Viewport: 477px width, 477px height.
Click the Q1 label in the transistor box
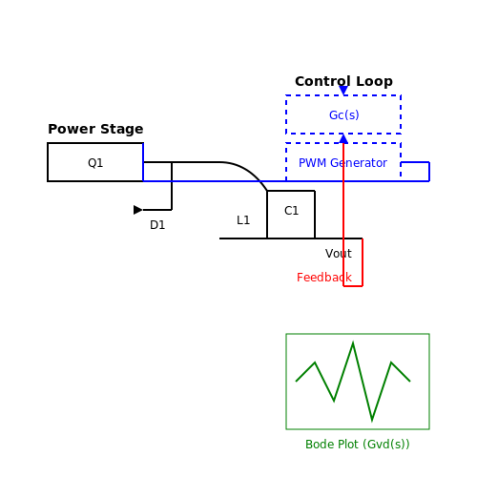[x=95, y=163]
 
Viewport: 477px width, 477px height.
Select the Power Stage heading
[x=95, y=129]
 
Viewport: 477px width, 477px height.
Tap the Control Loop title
[x=343, y=81]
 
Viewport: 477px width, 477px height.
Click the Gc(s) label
[x=344, y=115]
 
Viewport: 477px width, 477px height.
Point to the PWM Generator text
[x=342, y=163]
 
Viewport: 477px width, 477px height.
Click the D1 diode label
[x=157, y=225]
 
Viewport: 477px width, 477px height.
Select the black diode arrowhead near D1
[x=138, y=210]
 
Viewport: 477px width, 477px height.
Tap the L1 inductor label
[x=243, y=220]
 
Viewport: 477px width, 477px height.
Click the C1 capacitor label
[x=291, y=211]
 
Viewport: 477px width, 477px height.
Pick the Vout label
[x=339, y=254]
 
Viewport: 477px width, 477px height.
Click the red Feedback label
[x=324, y=278]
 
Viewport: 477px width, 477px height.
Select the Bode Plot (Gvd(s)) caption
[x=358, y=445]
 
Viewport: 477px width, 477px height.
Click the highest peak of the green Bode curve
[x=353, y=342]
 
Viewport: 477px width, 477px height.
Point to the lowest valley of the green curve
[x=372, y=421]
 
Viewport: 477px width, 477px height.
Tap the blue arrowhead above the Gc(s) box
[x=343, y=91]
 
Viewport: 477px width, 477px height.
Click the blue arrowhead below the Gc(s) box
[x=343, y=138]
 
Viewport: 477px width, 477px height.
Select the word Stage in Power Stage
[x=121, y=130]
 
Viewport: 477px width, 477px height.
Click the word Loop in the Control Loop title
[x=374, y=82]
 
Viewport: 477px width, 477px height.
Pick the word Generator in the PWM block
[x=359, y=163]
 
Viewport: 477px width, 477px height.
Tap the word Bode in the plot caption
[x=316, y=445]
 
